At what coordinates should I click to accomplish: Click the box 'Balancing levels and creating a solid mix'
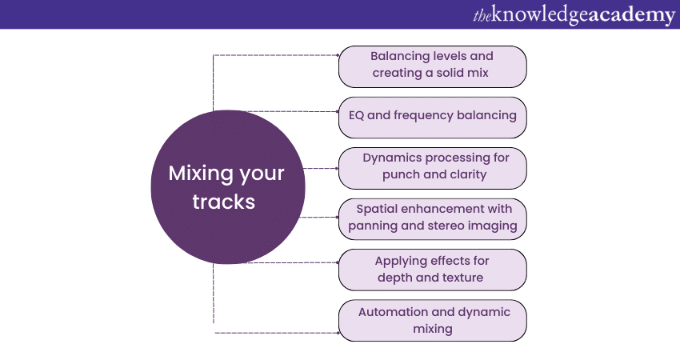click(x=432, y=66)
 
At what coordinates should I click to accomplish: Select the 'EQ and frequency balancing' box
click(x=432, y=115)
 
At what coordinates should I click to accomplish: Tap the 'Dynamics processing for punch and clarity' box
click(x=432, y=167)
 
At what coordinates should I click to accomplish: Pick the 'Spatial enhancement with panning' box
click(x=432, y=218)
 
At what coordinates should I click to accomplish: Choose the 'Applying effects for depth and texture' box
click(x=432, y=270)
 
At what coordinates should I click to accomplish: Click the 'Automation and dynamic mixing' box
click(x=432, y=320)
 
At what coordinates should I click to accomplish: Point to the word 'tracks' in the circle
click(x=223, y=202)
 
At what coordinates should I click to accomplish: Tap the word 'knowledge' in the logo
click(x=544, y=14)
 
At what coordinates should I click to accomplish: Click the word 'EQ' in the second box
click(x=357, y=115)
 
